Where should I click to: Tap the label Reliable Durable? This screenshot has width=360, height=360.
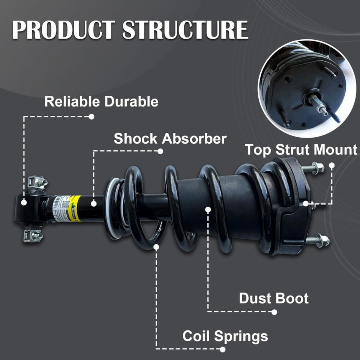click(101, 102)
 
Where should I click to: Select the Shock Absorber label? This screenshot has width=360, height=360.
click(170, 139)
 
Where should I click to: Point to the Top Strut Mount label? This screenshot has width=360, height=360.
click(301, 150)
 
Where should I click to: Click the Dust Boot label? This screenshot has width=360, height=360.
click(274, 298)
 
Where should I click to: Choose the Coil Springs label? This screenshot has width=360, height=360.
click(225, 336)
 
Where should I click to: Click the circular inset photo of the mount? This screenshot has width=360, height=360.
click(307, 88)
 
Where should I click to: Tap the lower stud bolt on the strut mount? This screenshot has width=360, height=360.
click(317, 240)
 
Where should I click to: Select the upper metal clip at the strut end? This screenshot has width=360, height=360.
click(36, 183)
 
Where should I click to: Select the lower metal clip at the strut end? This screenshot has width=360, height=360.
click(33, 235)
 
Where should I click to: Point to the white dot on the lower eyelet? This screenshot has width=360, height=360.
click(24, 202)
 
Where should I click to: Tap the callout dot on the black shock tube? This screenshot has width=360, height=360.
click(93, 204)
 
